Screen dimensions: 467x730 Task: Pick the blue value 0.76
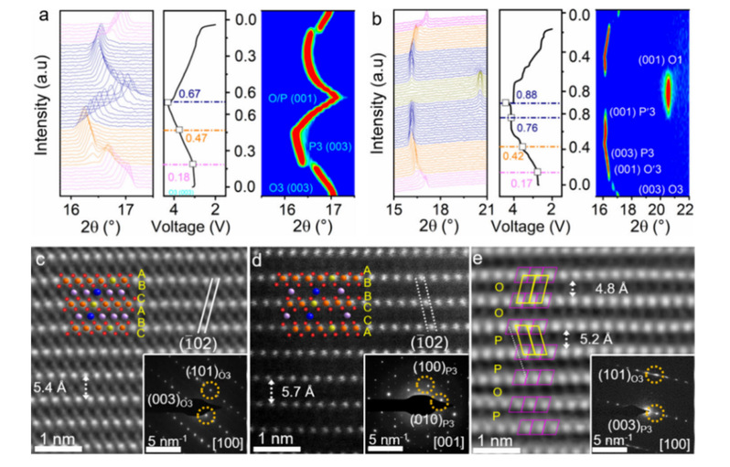click(x=531, y=127)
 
